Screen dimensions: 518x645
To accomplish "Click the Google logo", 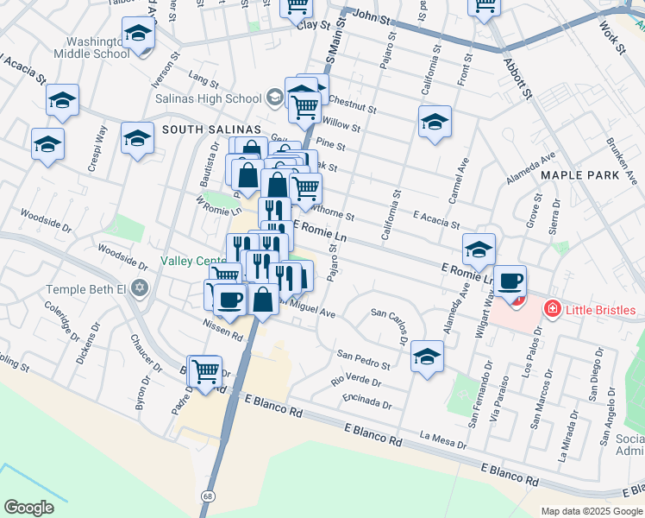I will point(28,508).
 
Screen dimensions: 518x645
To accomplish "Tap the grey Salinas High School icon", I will point(275,97).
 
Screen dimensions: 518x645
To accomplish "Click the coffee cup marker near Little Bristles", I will point(511,281).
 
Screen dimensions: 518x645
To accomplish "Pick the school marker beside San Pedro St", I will point(427,355).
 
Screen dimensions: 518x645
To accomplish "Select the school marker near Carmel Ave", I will point(435,121).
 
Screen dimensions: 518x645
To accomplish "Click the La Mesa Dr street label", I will point(442,441).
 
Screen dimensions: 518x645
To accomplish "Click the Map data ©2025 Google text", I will point(592,512).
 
